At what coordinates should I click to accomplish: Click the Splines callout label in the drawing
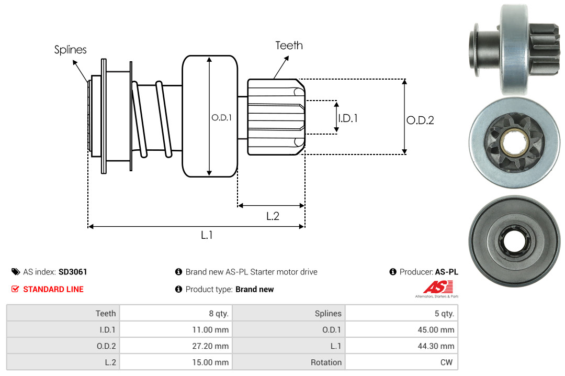coord(70,50)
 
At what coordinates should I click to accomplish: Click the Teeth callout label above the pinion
coord(289,46)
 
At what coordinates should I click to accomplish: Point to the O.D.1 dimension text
coord(221,118)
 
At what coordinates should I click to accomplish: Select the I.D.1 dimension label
coord(347,118)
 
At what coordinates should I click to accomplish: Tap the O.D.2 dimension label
coord(420,120)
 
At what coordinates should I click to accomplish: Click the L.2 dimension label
coord(273,216)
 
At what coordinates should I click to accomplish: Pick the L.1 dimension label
coord(207,235)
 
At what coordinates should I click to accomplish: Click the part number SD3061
coord(73,272)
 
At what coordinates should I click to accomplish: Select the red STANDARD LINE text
coord(53,289)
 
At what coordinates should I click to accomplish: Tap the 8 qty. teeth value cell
coord(216,313)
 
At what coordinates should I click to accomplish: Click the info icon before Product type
coord(178,289)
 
